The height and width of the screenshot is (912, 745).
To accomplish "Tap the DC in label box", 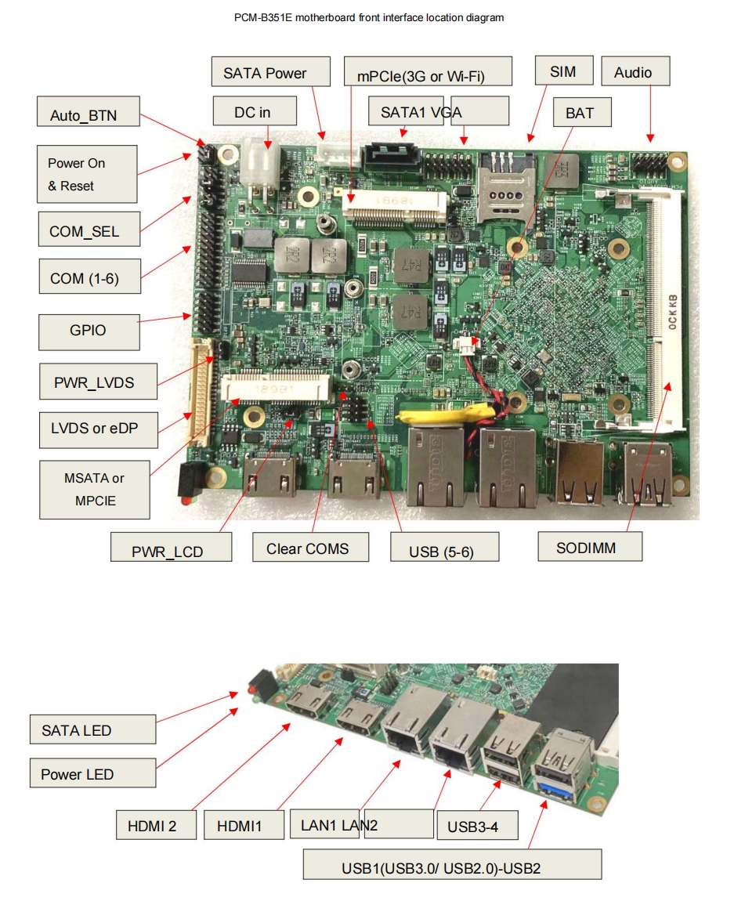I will tap(254, 111).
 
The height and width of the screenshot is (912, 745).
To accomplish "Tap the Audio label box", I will tap(636, 72).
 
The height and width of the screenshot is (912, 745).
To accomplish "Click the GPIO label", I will tap(89, 331).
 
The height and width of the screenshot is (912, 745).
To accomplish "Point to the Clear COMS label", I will tap(310, 548).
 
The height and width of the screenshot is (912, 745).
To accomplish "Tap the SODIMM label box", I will tap(589, 547).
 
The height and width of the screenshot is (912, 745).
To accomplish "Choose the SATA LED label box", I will tap(92, 729).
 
